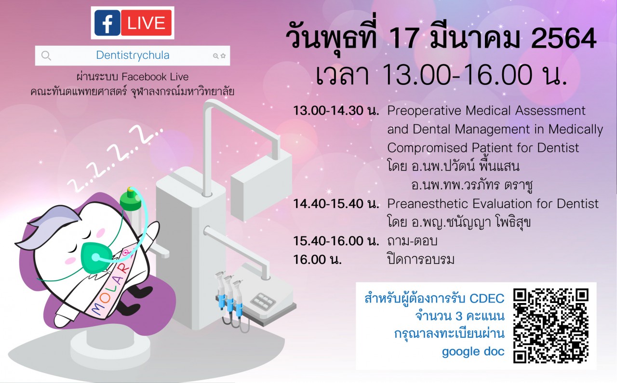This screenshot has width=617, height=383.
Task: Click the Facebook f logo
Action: pos(107,23)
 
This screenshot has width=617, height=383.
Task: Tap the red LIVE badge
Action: pos(146,23)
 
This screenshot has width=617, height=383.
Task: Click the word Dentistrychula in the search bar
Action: pos(133,55)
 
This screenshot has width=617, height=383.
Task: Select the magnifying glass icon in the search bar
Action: pos(46,55)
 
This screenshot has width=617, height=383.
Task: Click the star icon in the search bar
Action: pos(223,56)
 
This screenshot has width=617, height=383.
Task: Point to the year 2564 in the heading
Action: pos(563,39)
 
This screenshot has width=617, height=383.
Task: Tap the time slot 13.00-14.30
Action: pos(328,111)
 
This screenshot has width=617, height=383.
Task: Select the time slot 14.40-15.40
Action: pos(328,204)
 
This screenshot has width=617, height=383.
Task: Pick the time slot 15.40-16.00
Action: pos(328,241)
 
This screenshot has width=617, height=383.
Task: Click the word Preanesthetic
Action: pos(428,204)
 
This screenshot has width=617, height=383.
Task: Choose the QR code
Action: pos(551,326)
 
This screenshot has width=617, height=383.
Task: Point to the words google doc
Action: pos(473,352)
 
